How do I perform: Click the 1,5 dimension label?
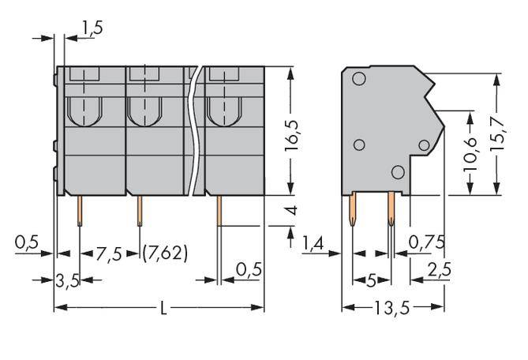(92, 28)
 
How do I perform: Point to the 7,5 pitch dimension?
(110, 255)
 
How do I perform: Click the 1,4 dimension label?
(314, 244)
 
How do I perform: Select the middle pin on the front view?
(140, 211)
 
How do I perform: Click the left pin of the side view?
(352, 212)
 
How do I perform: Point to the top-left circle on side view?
(358, 79)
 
